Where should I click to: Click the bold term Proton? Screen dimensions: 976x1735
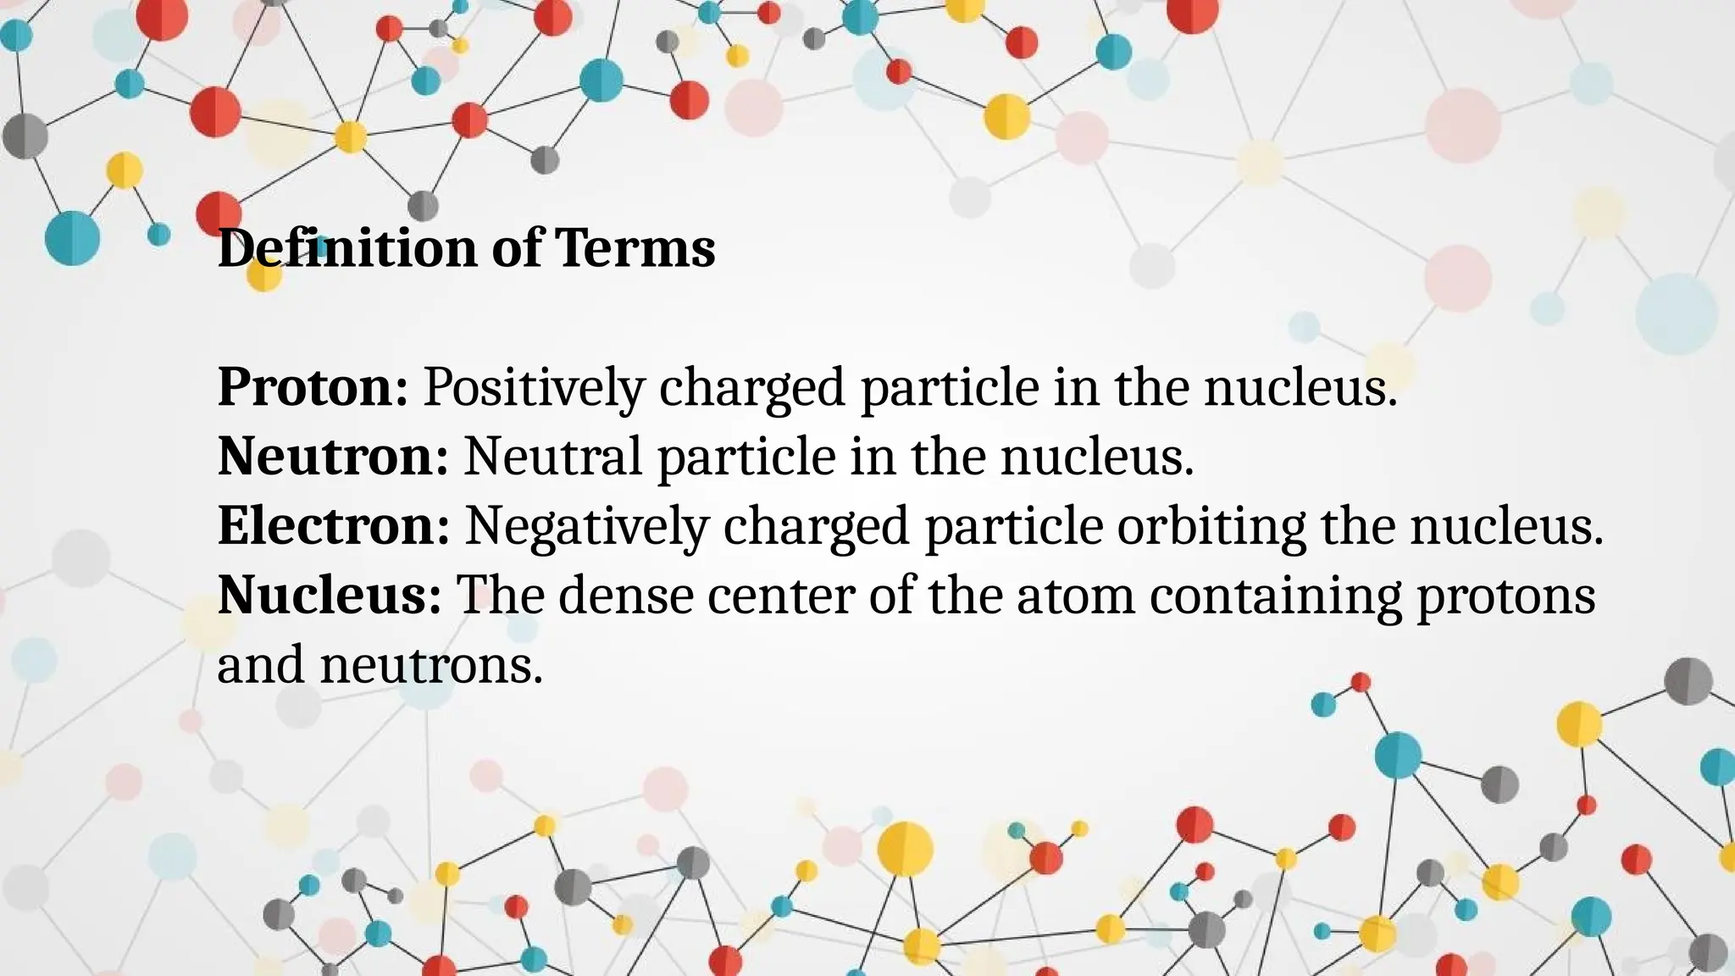pos(313,387)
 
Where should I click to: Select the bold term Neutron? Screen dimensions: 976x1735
pos(332,457)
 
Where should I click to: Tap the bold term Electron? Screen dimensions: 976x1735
pos(333,526)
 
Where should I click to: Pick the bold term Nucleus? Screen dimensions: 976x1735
pos(329,596)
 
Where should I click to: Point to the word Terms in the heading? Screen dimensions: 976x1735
pos(635,248)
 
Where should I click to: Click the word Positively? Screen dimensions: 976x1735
pos(534,387)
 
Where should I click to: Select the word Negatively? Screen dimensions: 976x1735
pos(586,526)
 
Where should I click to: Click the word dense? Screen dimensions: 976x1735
pos(626,596)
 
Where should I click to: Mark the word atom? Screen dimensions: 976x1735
pos(1075,596)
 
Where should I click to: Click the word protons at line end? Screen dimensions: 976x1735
pos(1506,596)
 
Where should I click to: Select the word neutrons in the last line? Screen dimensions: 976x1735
pos(430,665)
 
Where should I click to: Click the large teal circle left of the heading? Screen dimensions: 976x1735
pos(72,238)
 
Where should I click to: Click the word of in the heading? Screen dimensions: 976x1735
pos(516,248)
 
